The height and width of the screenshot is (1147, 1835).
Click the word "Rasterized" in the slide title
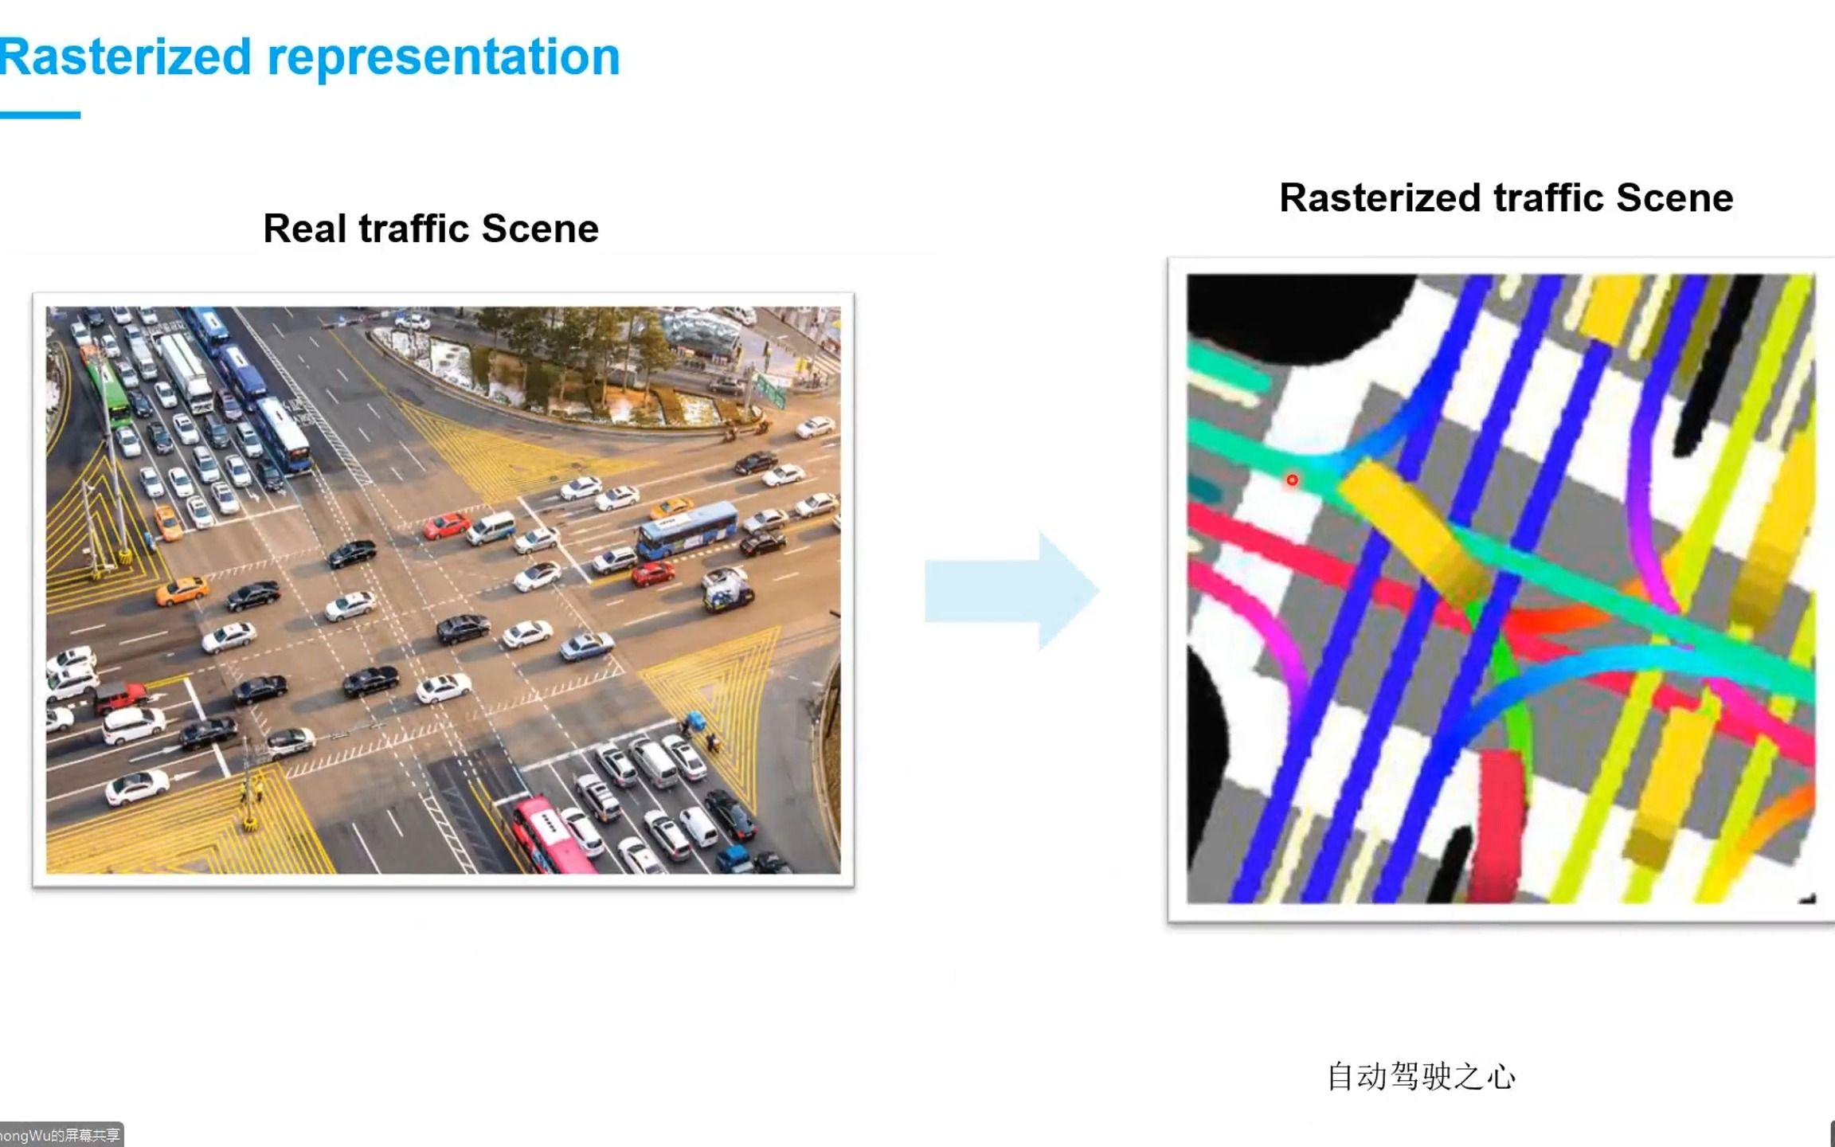(126, 57)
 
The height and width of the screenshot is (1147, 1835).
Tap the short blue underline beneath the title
(40, 115)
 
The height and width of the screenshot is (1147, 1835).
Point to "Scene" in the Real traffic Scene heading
(540, 229)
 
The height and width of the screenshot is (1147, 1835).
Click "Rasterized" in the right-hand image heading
(1379, 198)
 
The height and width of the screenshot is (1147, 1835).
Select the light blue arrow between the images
(1012, 590)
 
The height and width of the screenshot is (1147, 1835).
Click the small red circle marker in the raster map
(1292, 480)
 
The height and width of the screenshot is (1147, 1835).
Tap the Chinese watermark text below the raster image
(1421, 1076)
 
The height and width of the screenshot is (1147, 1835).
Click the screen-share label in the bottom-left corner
(61, 1135)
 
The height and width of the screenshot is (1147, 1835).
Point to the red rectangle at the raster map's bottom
(1498, 825)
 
